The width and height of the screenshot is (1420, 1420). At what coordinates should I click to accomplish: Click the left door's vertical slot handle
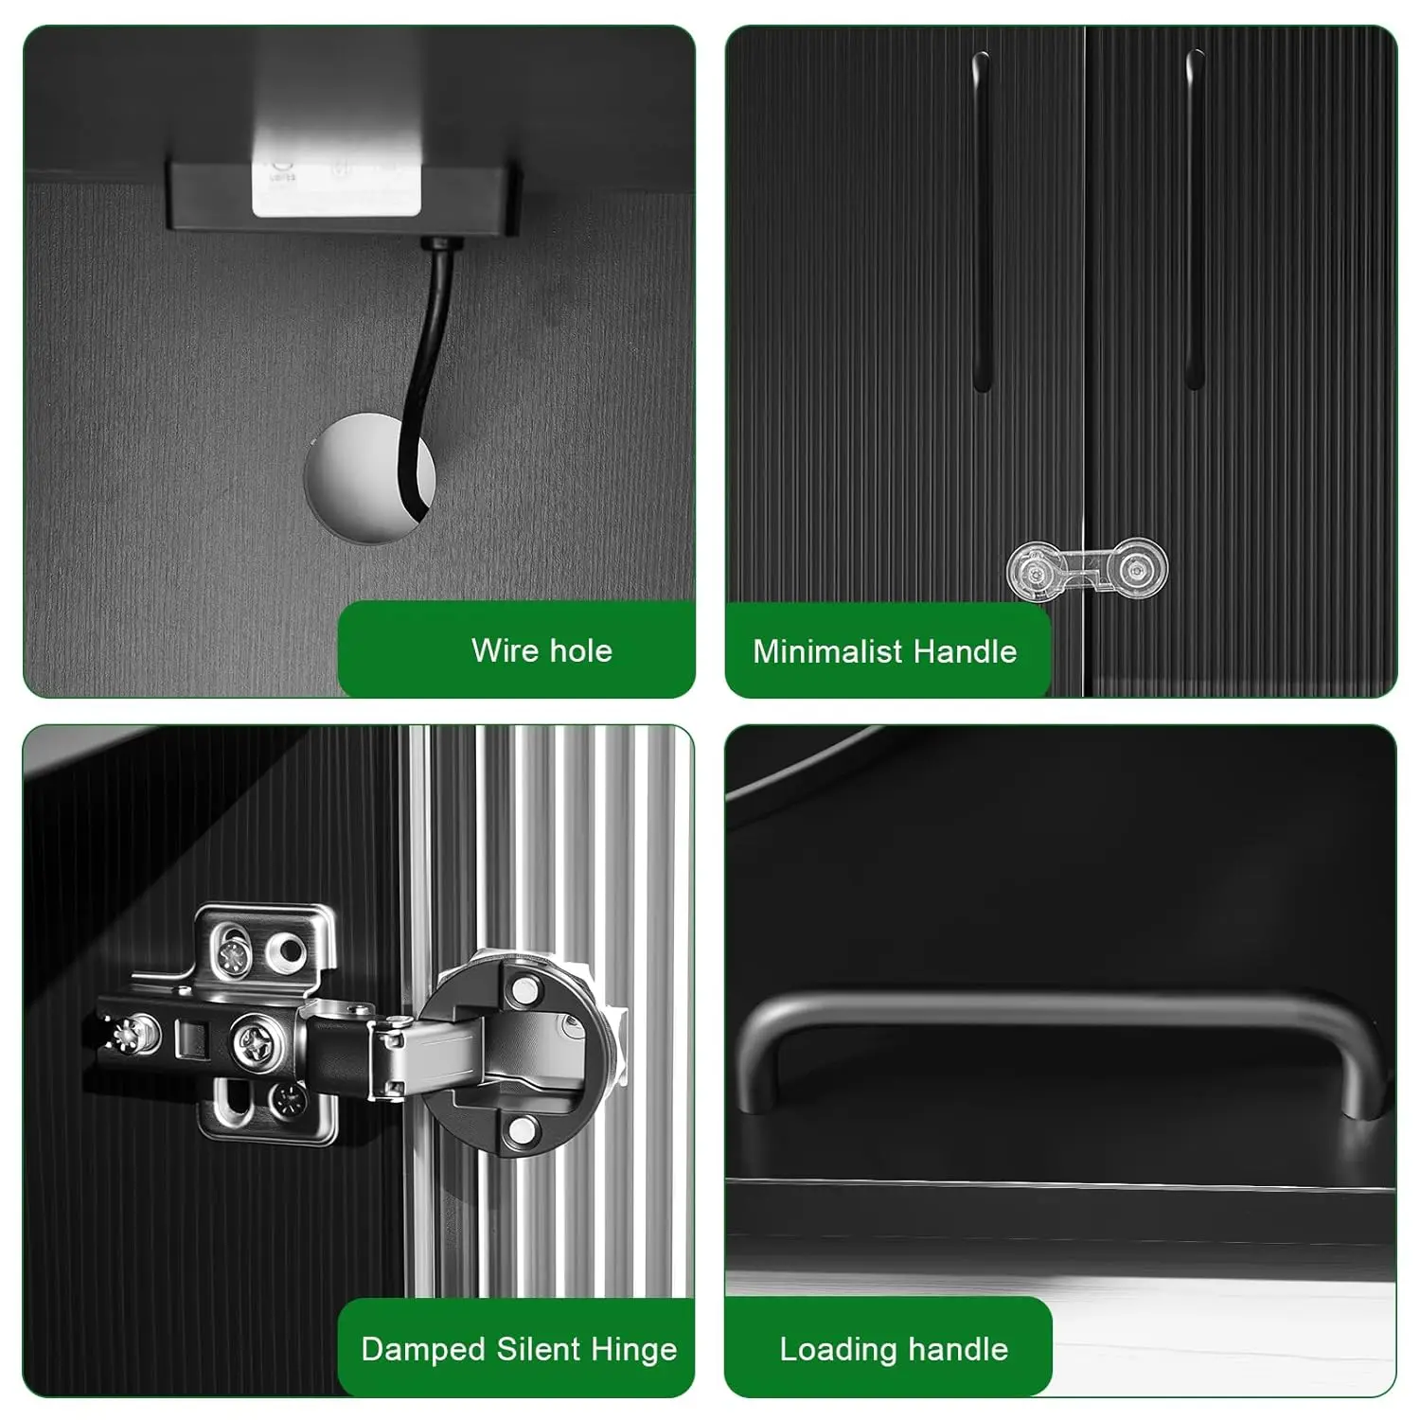(982, 222)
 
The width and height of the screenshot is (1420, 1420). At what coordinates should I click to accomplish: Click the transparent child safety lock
(1087, 570)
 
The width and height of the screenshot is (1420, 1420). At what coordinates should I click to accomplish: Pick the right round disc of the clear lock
(1136, 569)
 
